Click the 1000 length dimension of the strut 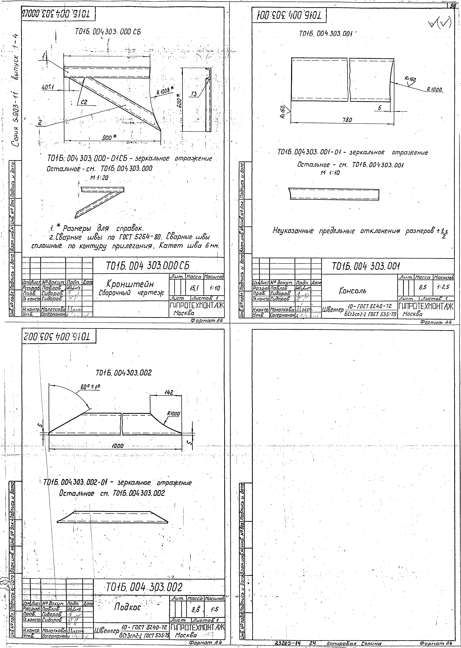pyautogui.click(x=117, y=446)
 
